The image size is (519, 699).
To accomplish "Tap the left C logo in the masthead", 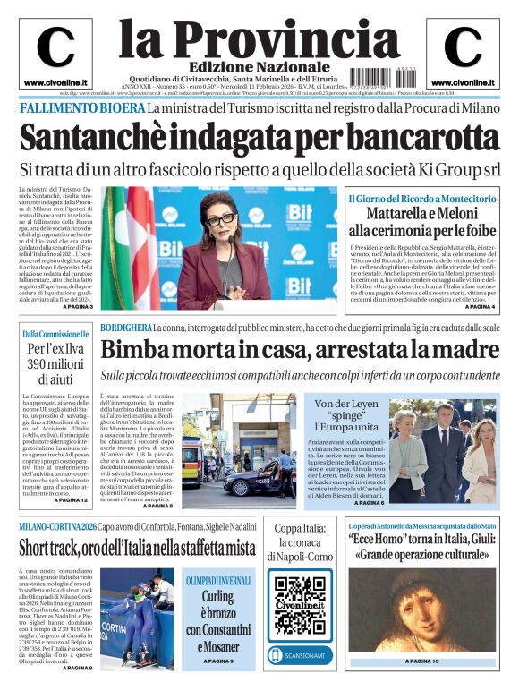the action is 55,48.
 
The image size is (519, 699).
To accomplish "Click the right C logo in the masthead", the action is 463,48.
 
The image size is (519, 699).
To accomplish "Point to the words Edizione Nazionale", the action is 247,67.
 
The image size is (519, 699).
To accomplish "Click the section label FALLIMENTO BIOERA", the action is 81,108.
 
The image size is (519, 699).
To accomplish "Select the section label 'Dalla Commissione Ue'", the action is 55,335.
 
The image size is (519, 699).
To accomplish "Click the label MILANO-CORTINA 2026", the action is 57,526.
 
